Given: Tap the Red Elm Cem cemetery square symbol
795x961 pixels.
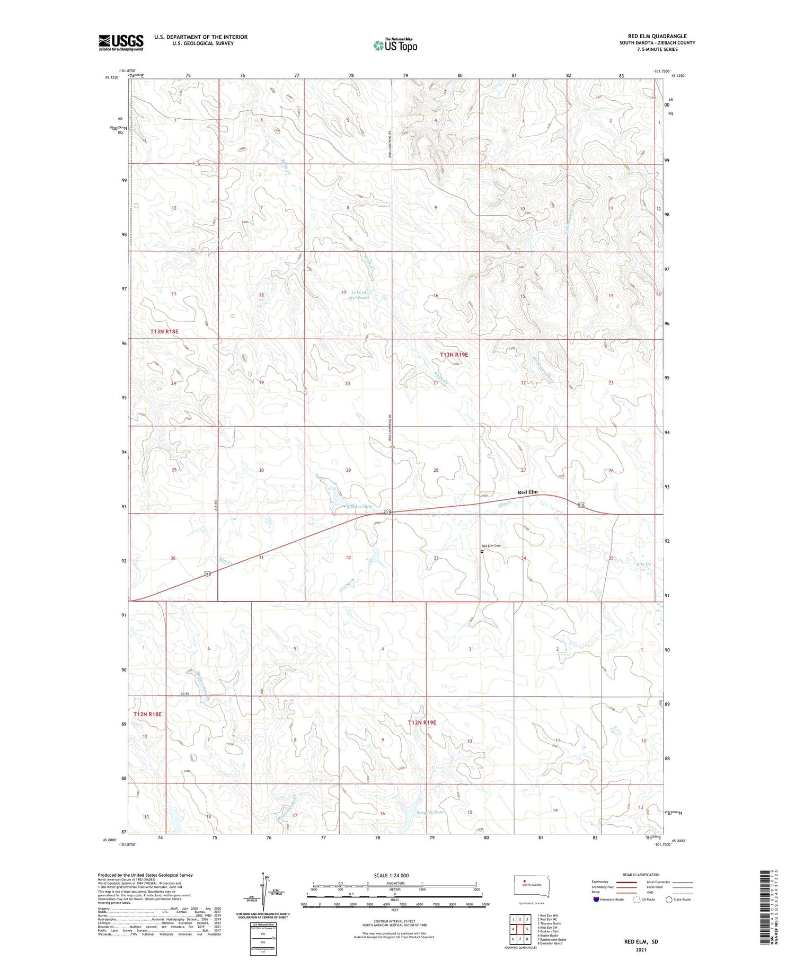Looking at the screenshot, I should [482, 551].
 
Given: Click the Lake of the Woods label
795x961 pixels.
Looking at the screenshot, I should [359, 295].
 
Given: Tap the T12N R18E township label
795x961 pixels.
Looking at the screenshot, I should [147, 714].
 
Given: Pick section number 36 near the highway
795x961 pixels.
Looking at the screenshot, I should [173, 558].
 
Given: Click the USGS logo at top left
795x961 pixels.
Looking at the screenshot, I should [121, 42].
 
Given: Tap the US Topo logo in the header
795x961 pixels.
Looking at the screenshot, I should [395, 45].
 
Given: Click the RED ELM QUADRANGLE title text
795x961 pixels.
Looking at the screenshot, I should [657, 36].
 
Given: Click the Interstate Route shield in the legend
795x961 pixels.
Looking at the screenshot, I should [596, 899].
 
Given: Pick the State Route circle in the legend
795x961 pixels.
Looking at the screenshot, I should [669, 899].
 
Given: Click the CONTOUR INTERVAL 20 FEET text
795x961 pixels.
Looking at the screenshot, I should [394, 921].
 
